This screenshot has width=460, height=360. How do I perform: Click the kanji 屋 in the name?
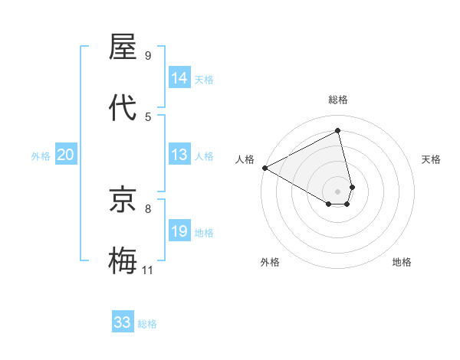[x=123, y=47]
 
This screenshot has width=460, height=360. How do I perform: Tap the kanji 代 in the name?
[x=123, y=107]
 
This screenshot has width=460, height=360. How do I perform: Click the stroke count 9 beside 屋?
[x=148, y=56]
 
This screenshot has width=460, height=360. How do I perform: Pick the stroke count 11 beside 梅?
[x=148, y=270]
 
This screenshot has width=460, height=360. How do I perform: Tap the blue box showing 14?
[x=179, y=78]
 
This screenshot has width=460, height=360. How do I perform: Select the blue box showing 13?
[x=179, y=155]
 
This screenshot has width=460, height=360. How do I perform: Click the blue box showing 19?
[x=179, y=232]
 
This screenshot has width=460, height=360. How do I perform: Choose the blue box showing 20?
[x=65, y=155]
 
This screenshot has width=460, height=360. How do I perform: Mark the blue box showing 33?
[x=123, y=322]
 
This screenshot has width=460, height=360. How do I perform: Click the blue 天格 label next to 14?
[x=204, y=79]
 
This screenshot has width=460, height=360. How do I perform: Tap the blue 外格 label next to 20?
[x=41, y=156]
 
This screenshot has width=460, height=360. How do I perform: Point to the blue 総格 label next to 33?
[x=147, y=323]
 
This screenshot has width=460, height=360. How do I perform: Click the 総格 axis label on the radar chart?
[x=338, y=100]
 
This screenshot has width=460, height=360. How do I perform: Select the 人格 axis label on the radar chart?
[x=245, y=159]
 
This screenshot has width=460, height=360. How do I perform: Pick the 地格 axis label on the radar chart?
[x=402, y=262]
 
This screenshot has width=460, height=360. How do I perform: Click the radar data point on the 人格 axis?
[x=264, y=168]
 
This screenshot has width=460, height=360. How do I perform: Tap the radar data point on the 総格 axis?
[x=338, y=131]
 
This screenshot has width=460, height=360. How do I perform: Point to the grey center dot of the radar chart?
[x=338, y=191]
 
